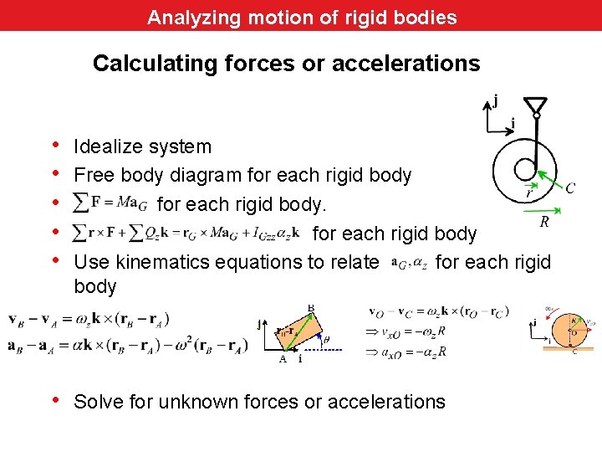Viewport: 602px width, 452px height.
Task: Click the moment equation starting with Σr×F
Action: tap(186, 233)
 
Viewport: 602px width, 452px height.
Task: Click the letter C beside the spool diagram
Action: tap(570, 187)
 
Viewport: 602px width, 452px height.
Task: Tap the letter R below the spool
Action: tap(544, 223)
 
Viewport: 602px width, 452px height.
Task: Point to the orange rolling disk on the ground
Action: tap(572, 329)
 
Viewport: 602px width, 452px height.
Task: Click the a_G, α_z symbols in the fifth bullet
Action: tap(410, 263)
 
